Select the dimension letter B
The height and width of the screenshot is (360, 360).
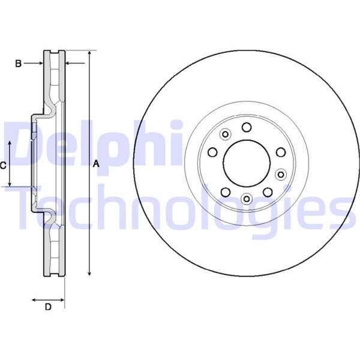tap(19, 62)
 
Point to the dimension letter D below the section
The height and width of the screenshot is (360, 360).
tap(48, 307)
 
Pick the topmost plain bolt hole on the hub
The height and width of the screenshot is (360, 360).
tap(247, 127)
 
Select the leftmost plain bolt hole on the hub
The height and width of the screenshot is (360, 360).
tap(211, 153)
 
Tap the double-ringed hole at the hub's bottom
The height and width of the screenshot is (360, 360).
tap(246, 198)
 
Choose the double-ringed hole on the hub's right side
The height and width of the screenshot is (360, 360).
tap(281, 174)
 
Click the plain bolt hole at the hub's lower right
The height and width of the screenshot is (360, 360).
tap(268, 191)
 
